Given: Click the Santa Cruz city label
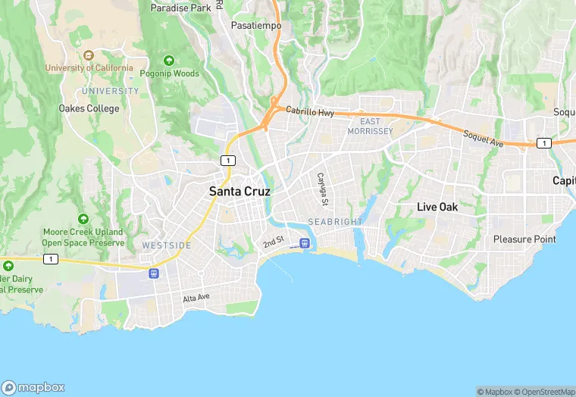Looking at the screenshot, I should [239, 192].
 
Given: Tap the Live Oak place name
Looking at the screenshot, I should [448, 207].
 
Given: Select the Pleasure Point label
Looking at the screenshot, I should [524, 239].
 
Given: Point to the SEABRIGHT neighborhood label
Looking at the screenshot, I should [336, 221].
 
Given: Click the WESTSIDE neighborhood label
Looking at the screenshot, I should [167, 245].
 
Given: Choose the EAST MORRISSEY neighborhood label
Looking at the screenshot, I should [370, 127].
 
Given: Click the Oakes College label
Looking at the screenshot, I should [89, 108].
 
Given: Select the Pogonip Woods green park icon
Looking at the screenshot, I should [168, 61].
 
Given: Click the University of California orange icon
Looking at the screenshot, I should [89, 55].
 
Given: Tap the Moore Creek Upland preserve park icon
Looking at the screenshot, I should [83, 219].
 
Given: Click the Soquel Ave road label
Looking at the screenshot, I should [484, 138].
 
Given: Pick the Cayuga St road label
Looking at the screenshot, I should [322, 189].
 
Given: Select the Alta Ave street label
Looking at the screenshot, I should [196, 299].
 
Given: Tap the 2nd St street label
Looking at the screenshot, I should [273, 242].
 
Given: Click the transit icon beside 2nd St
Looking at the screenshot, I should [305, 242].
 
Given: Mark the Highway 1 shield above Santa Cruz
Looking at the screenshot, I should [228, 160].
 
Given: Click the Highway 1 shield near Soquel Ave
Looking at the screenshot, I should [543, 142].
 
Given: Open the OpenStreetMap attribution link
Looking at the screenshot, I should [544, 392].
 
